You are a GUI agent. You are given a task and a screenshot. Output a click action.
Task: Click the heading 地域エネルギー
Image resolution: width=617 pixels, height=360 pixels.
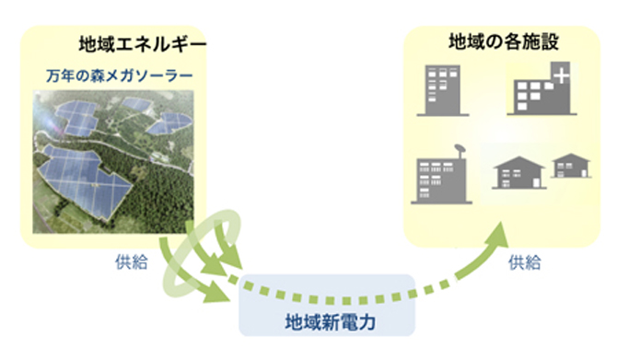coord(143,44)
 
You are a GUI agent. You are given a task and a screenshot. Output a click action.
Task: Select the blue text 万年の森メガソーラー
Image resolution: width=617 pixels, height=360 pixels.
coord(120,75)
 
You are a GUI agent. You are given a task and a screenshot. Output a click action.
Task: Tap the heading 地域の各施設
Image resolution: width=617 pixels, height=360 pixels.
coord(504,41)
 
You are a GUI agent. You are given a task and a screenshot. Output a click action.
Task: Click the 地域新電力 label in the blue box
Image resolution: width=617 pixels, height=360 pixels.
coord(330,322)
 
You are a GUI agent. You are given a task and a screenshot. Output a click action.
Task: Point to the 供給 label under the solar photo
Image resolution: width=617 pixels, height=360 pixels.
coord(132,261)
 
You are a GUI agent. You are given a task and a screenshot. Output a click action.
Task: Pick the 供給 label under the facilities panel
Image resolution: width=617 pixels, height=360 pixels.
coord(525,262)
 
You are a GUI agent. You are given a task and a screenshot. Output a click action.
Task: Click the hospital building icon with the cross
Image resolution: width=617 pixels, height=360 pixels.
coord(541,88)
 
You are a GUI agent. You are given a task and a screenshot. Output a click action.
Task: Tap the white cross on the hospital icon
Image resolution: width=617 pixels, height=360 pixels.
coord(561,75)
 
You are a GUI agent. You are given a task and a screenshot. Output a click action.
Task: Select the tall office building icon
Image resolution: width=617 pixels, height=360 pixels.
coord(443,90)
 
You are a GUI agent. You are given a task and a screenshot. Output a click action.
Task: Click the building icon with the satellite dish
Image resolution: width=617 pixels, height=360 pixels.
coord(441,174)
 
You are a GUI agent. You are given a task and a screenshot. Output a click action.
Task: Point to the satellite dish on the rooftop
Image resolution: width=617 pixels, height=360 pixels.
coord(460,149)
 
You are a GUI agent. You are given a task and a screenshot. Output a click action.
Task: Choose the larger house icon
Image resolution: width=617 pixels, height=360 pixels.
coord(519,173)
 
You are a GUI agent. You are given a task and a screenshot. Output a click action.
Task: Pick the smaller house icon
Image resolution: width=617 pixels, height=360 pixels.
coord(571,166)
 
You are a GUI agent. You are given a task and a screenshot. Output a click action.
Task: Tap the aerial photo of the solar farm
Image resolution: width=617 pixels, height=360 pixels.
coord(113,162)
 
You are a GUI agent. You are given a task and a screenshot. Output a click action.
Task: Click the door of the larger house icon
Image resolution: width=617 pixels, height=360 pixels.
coord(536,183)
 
